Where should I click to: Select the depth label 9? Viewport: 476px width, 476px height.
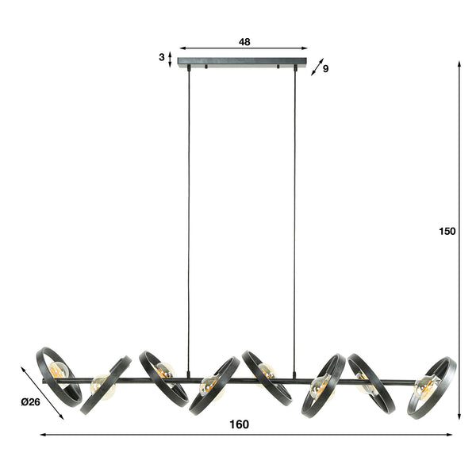(325, 69)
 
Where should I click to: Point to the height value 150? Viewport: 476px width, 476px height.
(447, 232)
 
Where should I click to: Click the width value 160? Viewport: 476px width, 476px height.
(239, 424)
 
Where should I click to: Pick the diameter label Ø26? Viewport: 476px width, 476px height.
(30, 401)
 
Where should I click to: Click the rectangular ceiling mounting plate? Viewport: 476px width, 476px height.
(242, 62)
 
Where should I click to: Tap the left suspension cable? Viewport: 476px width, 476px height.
(188, 222)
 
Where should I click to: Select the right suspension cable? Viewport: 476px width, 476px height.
(294, 222)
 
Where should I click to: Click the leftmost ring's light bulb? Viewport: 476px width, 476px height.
(58, 370)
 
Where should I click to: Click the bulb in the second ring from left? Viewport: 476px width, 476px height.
(100, 385)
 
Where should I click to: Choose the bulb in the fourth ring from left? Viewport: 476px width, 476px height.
(209, 386)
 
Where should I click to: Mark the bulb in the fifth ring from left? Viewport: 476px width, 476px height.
(267, 370)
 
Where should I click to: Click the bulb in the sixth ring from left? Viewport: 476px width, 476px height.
(319, 386)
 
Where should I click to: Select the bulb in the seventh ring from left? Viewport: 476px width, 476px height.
(366, 386)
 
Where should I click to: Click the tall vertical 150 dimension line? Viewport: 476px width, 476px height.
(460, 238)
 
